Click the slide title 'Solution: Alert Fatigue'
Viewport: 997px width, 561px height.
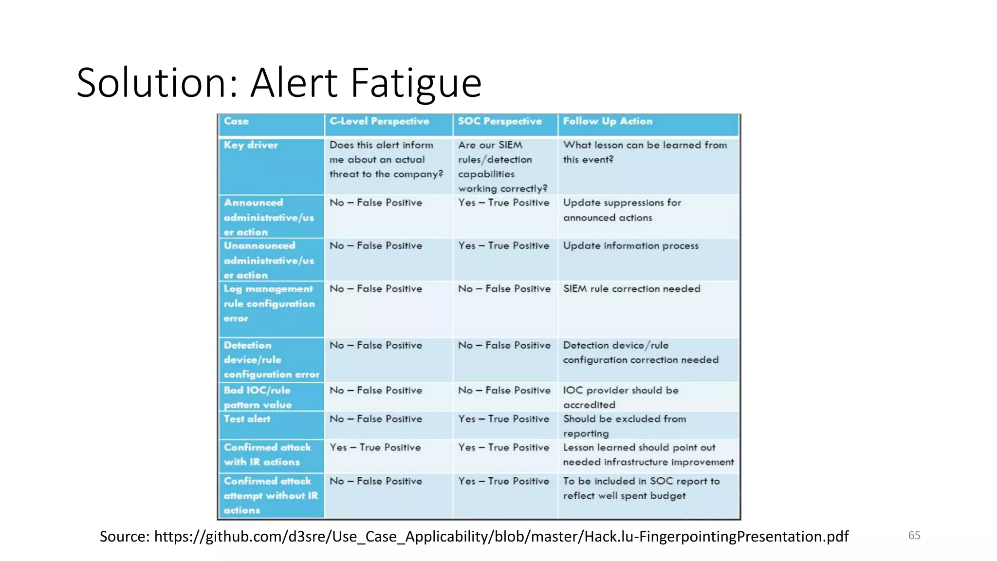(279, 83)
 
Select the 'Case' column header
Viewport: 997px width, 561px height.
(236, 121)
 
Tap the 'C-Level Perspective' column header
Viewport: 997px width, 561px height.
(379, 121)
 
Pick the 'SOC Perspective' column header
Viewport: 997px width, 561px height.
(499, 121)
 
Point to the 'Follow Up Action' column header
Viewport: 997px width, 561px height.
(608, 121)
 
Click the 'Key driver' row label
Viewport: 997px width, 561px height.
(251, 145)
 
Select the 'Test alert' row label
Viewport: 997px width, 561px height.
(247, 419)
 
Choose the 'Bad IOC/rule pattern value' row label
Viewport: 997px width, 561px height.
(258, 397)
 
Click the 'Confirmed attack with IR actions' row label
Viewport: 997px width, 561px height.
(267, 454)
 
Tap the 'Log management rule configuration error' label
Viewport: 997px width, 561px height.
(269, 303)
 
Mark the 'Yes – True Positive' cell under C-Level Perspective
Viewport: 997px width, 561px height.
(375, 448)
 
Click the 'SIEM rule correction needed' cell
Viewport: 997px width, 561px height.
(631, 289)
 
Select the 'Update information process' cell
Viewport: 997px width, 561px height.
(630, 246)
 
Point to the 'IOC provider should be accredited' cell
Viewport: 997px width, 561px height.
(621, 397)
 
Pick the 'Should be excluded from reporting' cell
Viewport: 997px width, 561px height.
(625, 426)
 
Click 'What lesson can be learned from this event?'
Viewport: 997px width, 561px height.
(645, 152)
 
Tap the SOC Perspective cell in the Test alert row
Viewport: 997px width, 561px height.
(503, 419)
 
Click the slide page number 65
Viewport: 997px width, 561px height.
(914, 536)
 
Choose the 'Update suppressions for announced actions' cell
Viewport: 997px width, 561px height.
(622, 210)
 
